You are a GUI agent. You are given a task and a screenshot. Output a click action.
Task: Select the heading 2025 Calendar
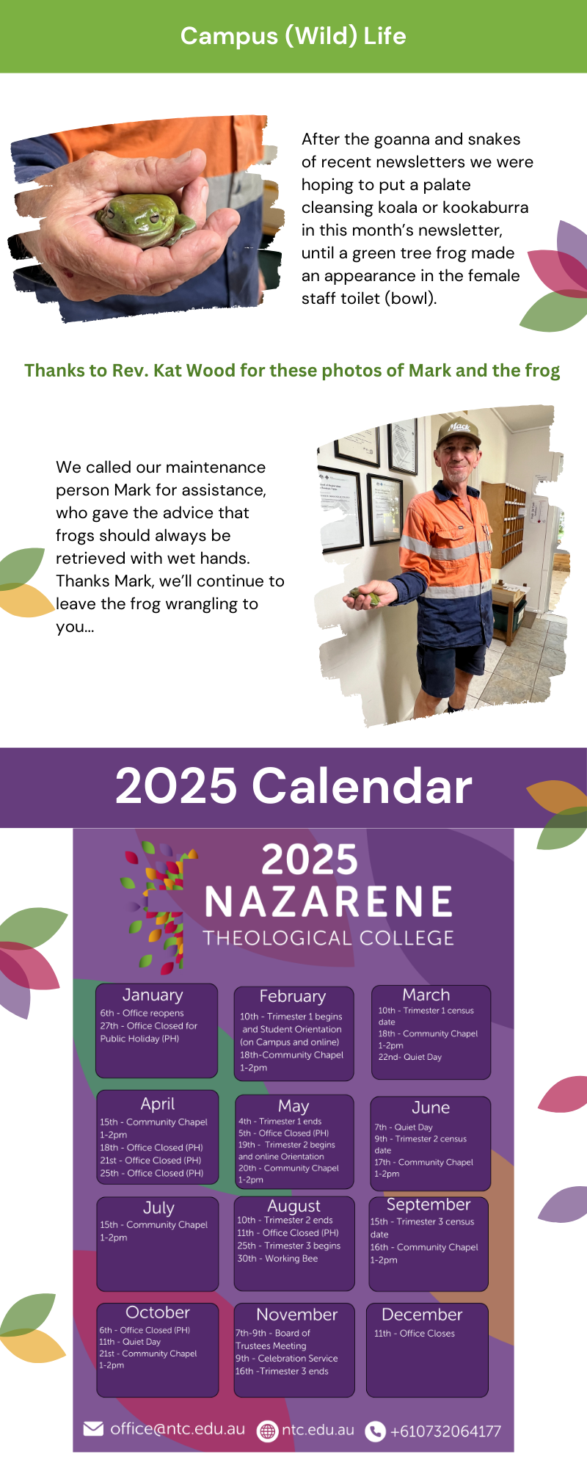pos(293,786)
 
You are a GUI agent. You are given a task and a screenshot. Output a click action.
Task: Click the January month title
pos(153,995)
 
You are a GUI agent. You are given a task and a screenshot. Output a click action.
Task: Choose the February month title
pos(292,996)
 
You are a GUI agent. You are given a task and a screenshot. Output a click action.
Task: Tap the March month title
pos(426,995)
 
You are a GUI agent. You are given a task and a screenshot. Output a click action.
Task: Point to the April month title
pos(158,1105)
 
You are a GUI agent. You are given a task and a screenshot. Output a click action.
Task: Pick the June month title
pos(431,1108)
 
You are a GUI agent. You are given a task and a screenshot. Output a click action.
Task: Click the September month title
pos(429,1205)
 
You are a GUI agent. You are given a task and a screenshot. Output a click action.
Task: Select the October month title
pos(158,1312)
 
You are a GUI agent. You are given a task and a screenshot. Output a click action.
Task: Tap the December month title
pos(422,1315)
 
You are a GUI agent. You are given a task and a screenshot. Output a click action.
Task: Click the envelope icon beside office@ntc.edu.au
pos(93,1428)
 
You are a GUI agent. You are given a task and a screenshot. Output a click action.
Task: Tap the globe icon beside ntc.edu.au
pos(268,1431)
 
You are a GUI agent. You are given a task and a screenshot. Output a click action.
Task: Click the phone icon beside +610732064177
pos(375,1431)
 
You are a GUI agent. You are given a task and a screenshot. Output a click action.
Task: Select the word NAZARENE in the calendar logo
pos(329,902)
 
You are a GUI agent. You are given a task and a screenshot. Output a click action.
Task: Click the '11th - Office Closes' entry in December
pos(415,1334)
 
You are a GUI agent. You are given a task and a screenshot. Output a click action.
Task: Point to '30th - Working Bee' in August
pos(277,1259)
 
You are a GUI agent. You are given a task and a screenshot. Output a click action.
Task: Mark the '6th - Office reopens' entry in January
pos(142,1013)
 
